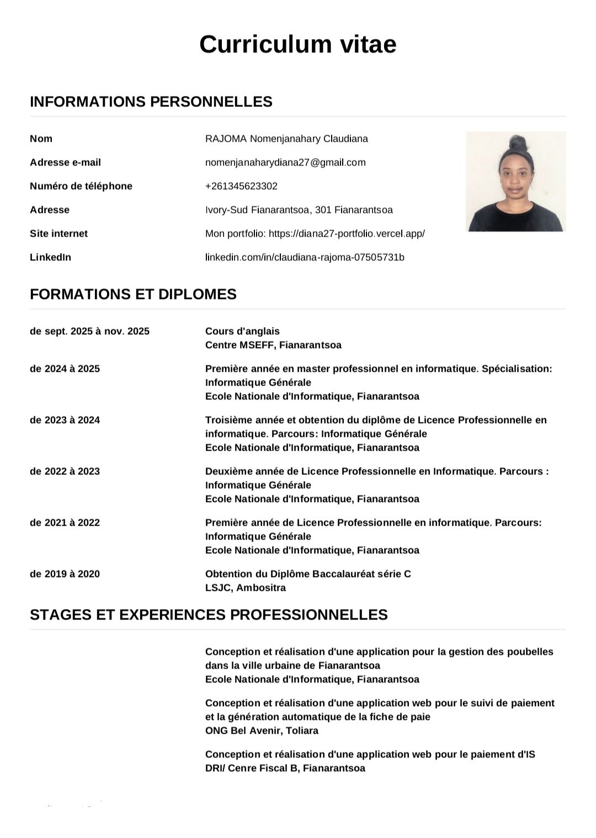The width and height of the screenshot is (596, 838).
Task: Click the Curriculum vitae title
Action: point(297,44)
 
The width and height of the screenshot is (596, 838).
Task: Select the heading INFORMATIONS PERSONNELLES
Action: point(151,102)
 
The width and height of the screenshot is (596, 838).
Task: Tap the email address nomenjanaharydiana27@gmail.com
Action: point(285,162)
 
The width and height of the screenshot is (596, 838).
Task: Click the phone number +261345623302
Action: point(241,186)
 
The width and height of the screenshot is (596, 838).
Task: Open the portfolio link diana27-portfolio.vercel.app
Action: point(347,233)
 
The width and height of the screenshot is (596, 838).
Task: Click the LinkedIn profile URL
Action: point(305,257)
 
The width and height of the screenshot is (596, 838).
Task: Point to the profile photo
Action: point(515,182)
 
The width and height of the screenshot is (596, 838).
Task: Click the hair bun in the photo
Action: point(517,142)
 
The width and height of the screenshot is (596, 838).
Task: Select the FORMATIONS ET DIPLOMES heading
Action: point(133,294)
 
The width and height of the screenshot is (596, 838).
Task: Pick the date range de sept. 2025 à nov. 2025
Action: point(89,331)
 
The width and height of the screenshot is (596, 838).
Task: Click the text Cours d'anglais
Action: point(242,331)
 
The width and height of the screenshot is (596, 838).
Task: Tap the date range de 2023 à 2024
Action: point(65,420)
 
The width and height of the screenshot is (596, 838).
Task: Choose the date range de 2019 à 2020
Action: point(65,574)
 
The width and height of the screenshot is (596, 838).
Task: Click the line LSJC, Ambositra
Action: point(245,588)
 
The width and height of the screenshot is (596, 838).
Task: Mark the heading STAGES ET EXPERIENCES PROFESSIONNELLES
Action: point(209,615)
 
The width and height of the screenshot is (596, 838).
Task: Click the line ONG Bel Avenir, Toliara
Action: point(262,730)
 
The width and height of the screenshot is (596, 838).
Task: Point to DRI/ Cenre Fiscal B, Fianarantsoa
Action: point(285,768)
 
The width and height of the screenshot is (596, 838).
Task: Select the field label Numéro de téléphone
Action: point(81,186)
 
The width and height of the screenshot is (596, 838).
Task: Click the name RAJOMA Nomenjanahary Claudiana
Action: point(286,138)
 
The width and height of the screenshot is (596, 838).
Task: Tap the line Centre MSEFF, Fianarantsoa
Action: point(273,345)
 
